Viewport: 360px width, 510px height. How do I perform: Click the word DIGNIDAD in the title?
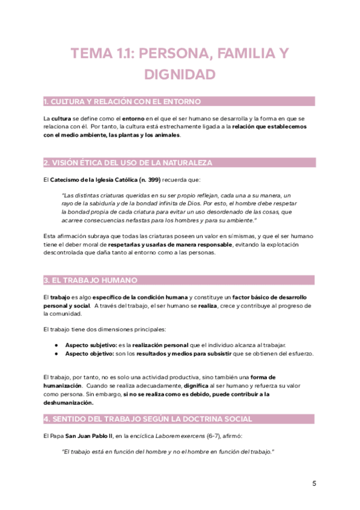(180, 75)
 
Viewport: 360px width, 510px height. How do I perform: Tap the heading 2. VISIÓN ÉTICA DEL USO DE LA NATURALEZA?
(127, 163)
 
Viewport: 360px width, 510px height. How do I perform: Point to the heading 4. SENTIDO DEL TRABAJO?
(148, 419)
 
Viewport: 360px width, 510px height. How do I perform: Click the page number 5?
(314, 484)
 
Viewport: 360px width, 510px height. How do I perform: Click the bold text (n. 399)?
(141, 180)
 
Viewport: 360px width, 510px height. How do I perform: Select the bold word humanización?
(62, 385)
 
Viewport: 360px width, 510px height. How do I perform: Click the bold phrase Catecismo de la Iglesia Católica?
(85, 180)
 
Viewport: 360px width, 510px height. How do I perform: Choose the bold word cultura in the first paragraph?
(61, 118)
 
